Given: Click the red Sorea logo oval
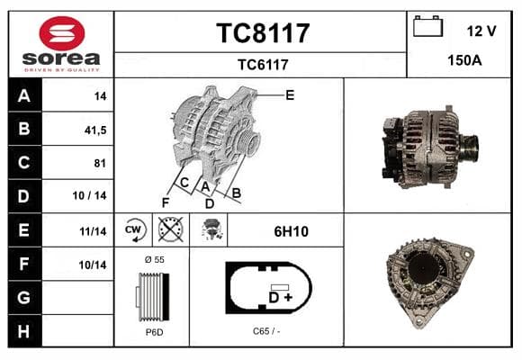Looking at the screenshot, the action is (62, 33).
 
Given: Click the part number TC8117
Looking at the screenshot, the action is (263, 33).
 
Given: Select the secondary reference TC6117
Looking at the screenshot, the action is (263, 65).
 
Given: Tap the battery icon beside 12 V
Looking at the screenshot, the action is (427, 26).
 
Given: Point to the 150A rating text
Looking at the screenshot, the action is (464, 60).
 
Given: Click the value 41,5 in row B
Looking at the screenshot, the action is (95, 130).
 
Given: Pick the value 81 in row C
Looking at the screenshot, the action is (100, 163).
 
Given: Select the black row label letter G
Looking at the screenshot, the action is (23, 297).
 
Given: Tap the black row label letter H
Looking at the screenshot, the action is (23, 331).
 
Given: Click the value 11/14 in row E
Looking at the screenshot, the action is (93, 231).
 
